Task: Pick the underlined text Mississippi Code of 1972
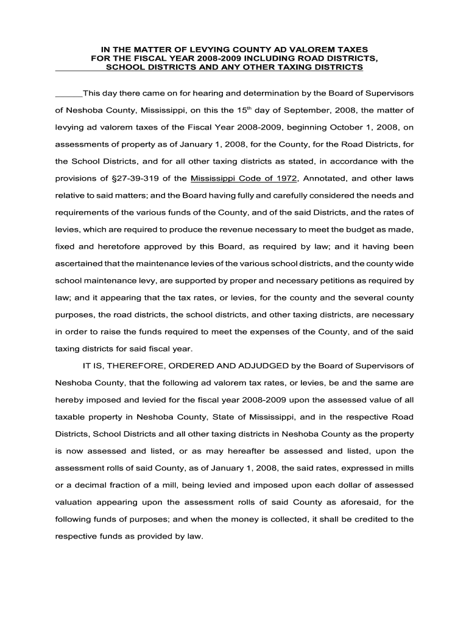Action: coord(244,179)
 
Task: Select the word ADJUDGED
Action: coord(254,366)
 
